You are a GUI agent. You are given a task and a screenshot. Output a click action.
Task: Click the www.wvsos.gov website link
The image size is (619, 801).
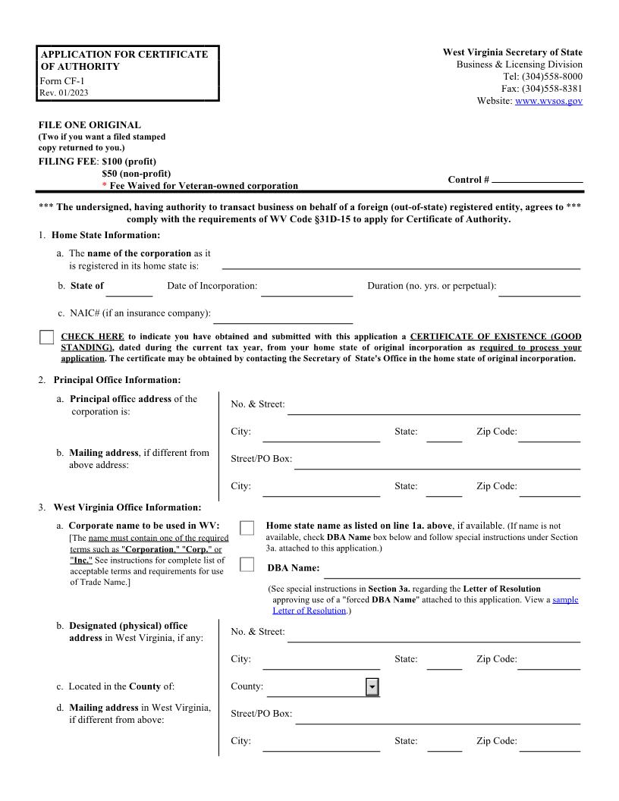548,101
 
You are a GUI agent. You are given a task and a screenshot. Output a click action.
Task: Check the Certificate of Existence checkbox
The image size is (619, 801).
47,338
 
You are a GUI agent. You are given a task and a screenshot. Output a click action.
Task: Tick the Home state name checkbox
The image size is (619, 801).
247,528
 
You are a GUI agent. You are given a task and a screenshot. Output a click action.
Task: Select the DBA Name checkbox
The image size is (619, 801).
247,564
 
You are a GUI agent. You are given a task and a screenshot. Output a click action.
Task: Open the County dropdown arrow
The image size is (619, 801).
372,686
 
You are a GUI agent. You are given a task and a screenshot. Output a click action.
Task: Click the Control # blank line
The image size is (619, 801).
537,180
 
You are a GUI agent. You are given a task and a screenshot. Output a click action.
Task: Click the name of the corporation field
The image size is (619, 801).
401,262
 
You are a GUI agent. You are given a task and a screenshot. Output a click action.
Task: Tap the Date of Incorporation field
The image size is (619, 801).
306,289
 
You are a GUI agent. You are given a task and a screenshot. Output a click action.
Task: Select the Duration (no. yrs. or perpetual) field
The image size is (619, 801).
539,289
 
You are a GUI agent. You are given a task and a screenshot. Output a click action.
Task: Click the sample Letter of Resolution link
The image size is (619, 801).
564,599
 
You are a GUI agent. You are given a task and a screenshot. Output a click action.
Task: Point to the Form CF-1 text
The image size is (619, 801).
57,81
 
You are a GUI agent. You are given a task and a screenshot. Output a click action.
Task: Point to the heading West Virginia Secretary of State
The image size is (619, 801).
513,52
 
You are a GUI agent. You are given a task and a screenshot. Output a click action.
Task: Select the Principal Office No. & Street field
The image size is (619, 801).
433,408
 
